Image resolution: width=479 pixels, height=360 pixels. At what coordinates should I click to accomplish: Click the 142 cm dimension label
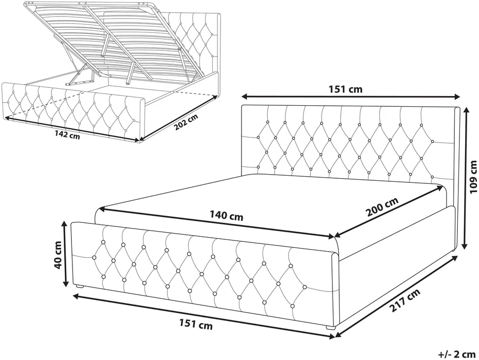pos(67,135)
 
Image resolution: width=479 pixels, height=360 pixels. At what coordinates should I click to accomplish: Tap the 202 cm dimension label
pos(186,122)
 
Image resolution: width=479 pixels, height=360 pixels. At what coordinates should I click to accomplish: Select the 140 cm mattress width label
pos(226,216)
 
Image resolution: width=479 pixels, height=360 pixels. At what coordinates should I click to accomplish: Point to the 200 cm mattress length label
pos(383,206)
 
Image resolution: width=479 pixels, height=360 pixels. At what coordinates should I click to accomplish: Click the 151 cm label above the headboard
pos(345,89)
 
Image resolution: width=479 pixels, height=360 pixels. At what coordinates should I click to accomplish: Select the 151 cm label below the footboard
pos(195,324)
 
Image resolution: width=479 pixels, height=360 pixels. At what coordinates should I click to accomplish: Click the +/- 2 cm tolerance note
pos(457,354)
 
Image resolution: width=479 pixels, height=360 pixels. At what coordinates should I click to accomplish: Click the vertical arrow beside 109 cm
pos(465,178)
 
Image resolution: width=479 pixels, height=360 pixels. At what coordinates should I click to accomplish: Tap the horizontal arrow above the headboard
pos(351,97)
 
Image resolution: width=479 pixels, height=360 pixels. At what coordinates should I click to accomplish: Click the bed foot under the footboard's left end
pos(80,287)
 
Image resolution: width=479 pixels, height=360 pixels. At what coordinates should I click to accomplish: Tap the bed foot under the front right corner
pos(330,327)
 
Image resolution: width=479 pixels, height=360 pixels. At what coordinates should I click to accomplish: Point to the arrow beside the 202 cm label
pos(178,118)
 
